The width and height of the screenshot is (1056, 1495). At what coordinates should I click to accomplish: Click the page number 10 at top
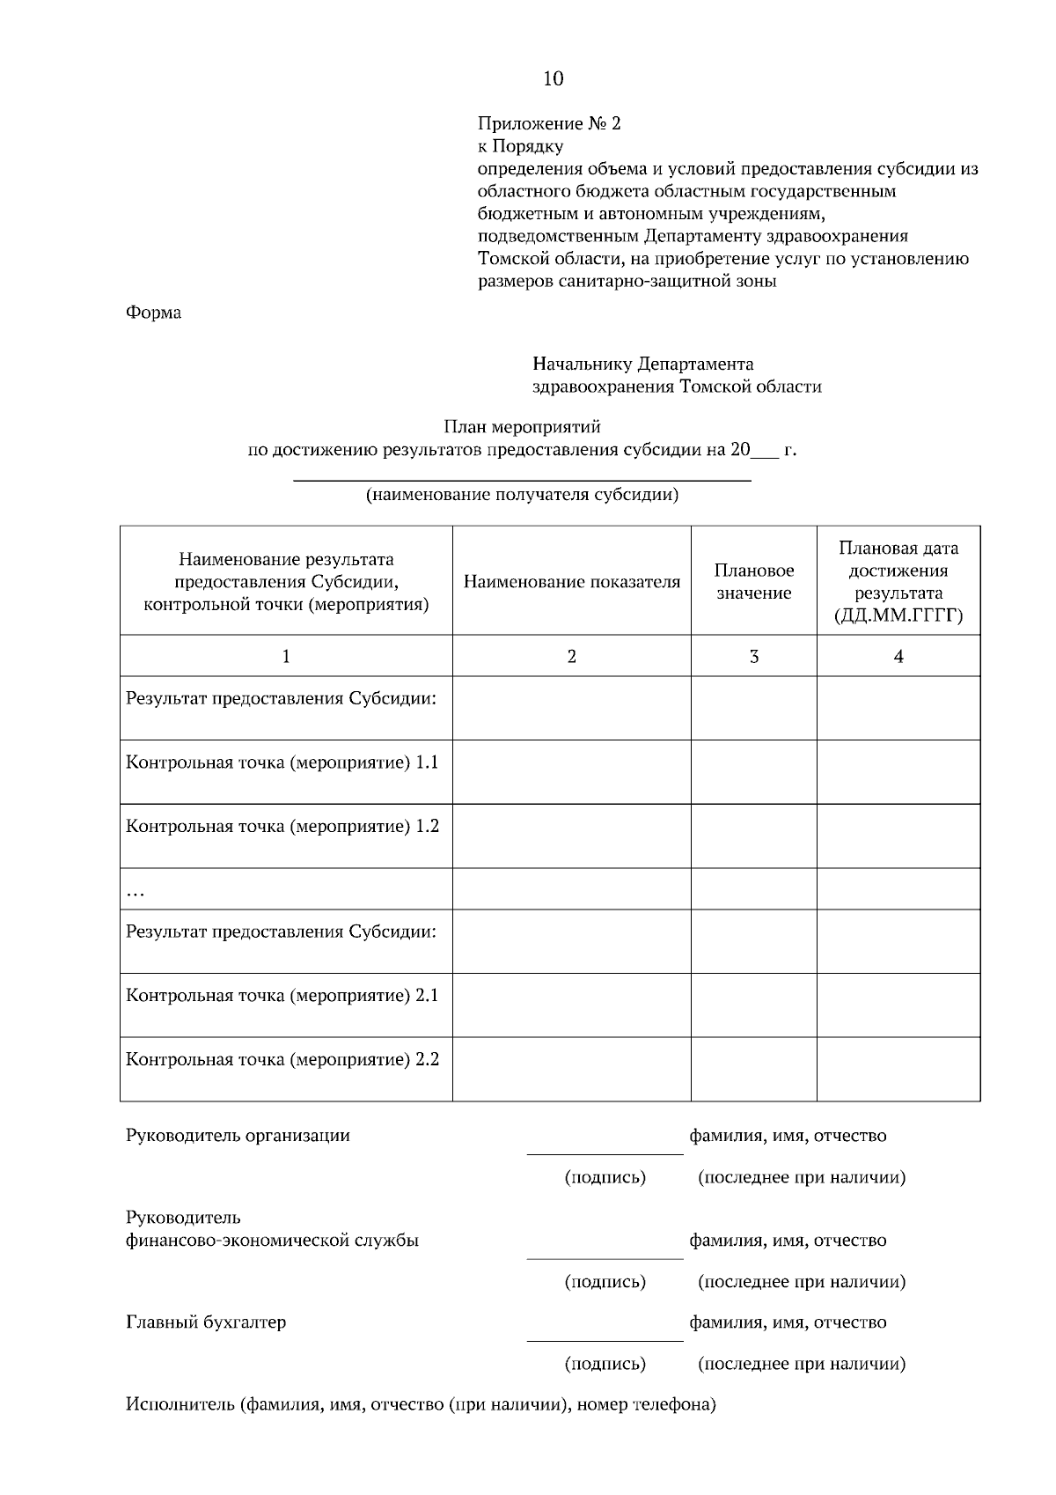click(x=553, y=79)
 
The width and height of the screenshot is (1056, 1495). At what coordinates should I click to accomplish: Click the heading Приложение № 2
click(x=548, y=123)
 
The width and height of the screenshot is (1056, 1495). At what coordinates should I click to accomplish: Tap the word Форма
click(x=153, y=313)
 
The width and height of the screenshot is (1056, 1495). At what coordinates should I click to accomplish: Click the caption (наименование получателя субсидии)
click(x=522, y=495)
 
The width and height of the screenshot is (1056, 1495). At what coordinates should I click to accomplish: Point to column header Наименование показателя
click(x=571, y=582)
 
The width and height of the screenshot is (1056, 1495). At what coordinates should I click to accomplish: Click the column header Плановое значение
click(x=753, y=582)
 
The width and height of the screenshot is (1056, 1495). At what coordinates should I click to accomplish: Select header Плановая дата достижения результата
click(x=898, y=582)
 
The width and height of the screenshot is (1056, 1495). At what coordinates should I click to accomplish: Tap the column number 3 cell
click(x=753, y=656)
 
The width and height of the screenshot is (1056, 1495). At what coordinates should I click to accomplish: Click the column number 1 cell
click(x=286, y=656)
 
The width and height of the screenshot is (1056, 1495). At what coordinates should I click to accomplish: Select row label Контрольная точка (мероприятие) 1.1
click(x=282, y=762)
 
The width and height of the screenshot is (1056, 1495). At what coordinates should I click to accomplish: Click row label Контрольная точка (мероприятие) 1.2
click(x=282, y=826)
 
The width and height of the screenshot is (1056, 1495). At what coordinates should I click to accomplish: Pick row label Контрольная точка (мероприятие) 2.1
click(x=282, y=996)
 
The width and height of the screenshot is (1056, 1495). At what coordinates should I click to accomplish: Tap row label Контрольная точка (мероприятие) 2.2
click(x=282, y=1059)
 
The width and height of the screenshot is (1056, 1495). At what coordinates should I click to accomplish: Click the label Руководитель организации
click(x=238, y=1136)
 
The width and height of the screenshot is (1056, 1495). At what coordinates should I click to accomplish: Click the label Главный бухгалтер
click(x=206, y=1322)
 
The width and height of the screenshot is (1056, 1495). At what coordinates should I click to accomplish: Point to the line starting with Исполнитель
click(x=421, y=1404)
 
